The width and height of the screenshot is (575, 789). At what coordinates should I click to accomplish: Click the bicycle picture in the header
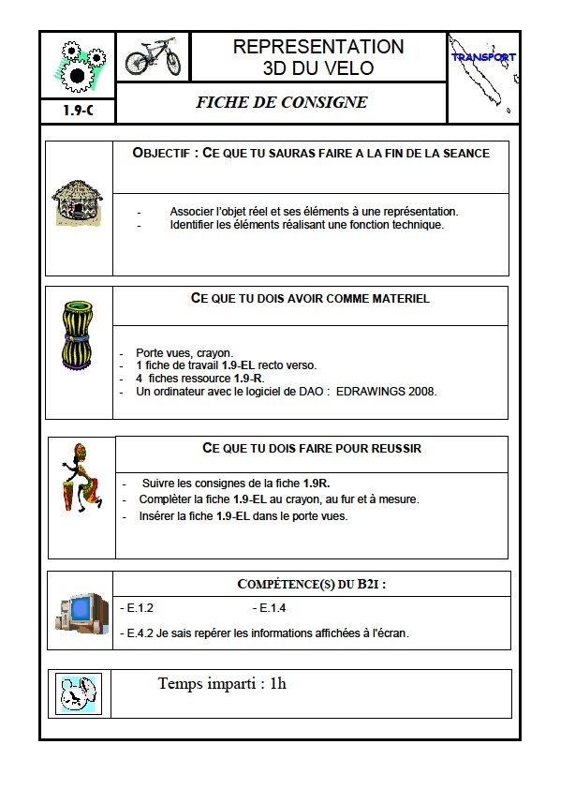[153, 56]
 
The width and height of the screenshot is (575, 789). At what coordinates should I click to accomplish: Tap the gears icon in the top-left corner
[77, 64]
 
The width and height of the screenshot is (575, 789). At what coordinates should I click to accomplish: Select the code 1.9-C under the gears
[77, 111]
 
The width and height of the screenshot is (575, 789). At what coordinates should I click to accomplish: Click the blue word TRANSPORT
[483, 57]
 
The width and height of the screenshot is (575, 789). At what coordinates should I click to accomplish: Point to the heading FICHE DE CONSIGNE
[281, 103]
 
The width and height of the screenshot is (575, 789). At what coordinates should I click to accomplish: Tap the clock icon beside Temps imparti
[78, 694]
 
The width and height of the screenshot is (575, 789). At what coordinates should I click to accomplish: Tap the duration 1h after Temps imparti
[277, 683]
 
